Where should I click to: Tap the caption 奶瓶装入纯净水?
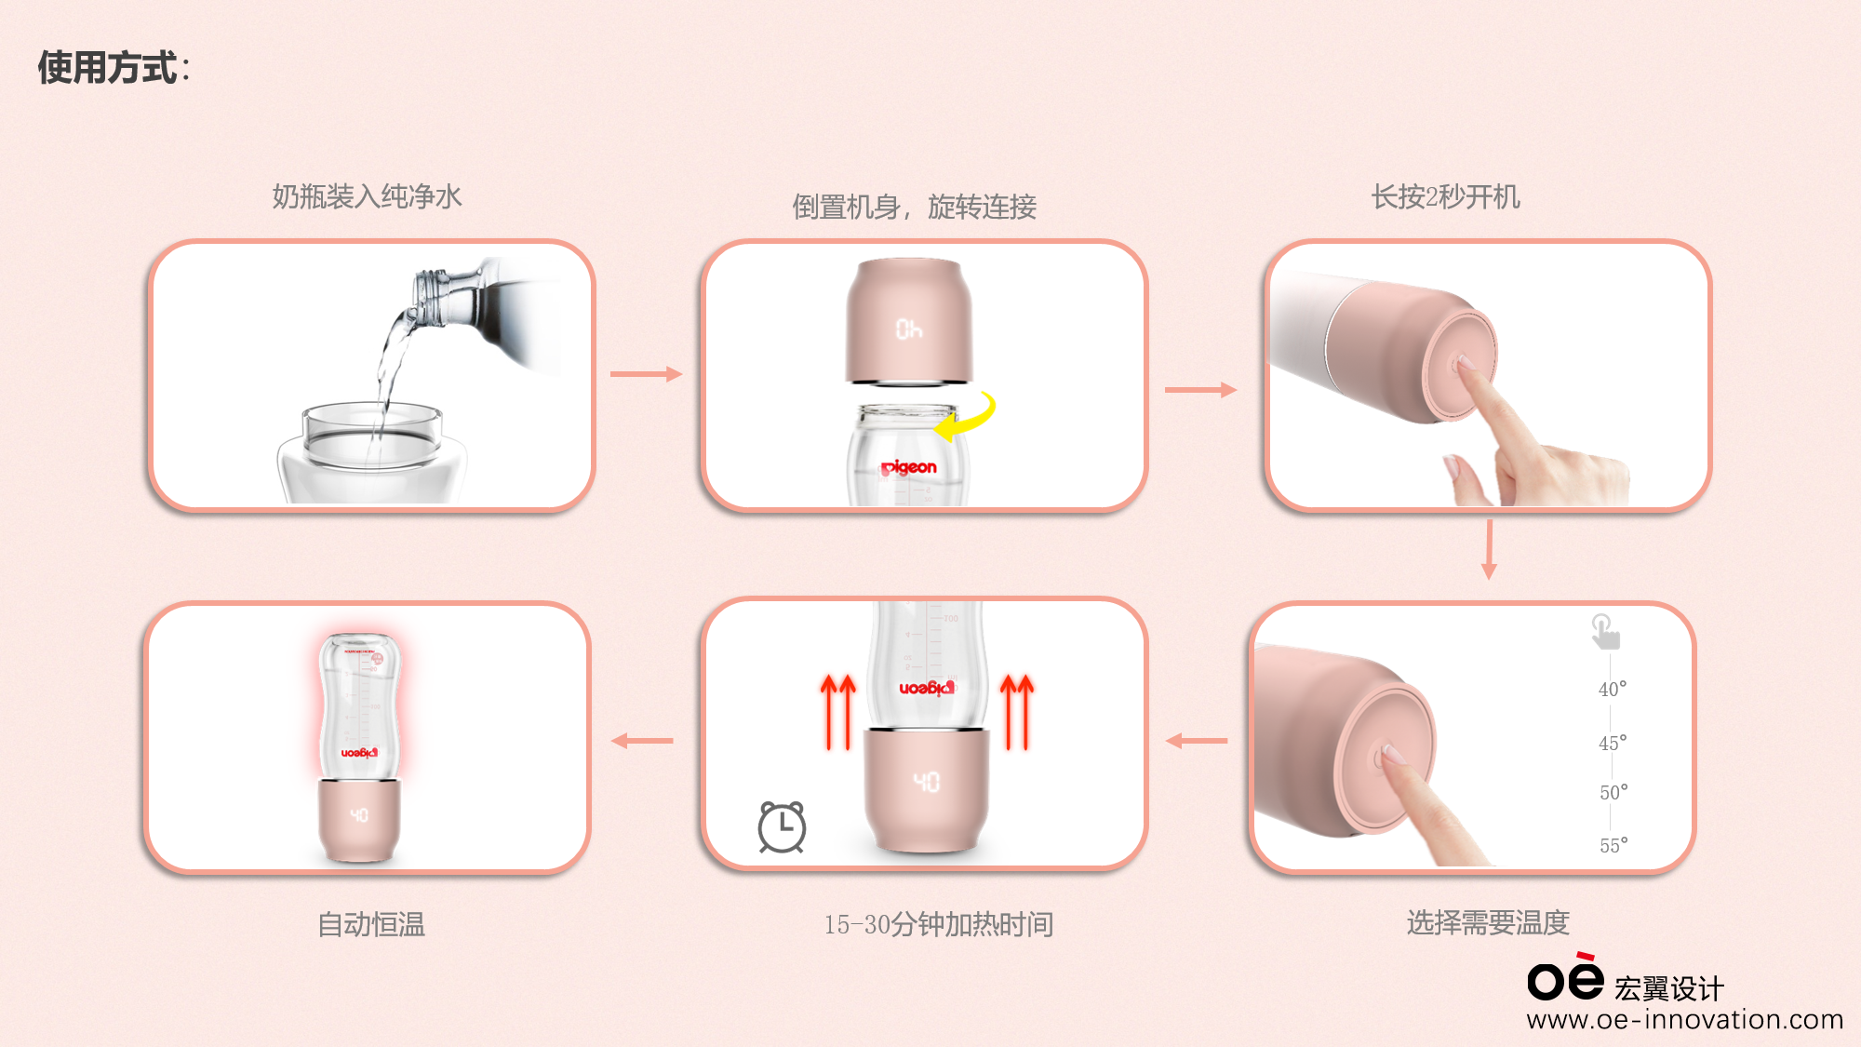point(367,196)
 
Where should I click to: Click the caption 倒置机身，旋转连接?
point(914,207)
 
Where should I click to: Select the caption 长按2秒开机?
point(1445,196)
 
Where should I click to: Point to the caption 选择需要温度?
point(1487,922)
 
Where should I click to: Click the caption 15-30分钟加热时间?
point(938,924)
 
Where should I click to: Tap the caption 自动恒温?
point(370,924)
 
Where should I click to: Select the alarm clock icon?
point(782,826)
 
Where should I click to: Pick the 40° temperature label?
point(1613,689)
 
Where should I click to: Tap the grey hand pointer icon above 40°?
point(1604,632)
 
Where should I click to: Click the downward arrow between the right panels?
point(1489,549)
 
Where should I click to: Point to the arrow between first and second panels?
point(646,374)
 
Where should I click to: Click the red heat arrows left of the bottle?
point(837,712)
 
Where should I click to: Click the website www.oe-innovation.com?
point(1684,1020)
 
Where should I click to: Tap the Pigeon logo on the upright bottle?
point(909,467)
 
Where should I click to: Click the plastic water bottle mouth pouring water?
point(430,296)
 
